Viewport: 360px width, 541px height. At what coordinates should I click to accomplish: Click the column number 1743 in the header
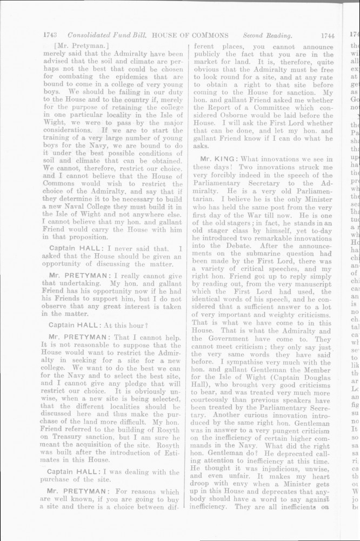coord(50,36)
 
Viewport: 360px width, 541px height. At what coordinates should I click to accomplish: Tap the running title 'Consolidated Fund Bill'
coord(105,36)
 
